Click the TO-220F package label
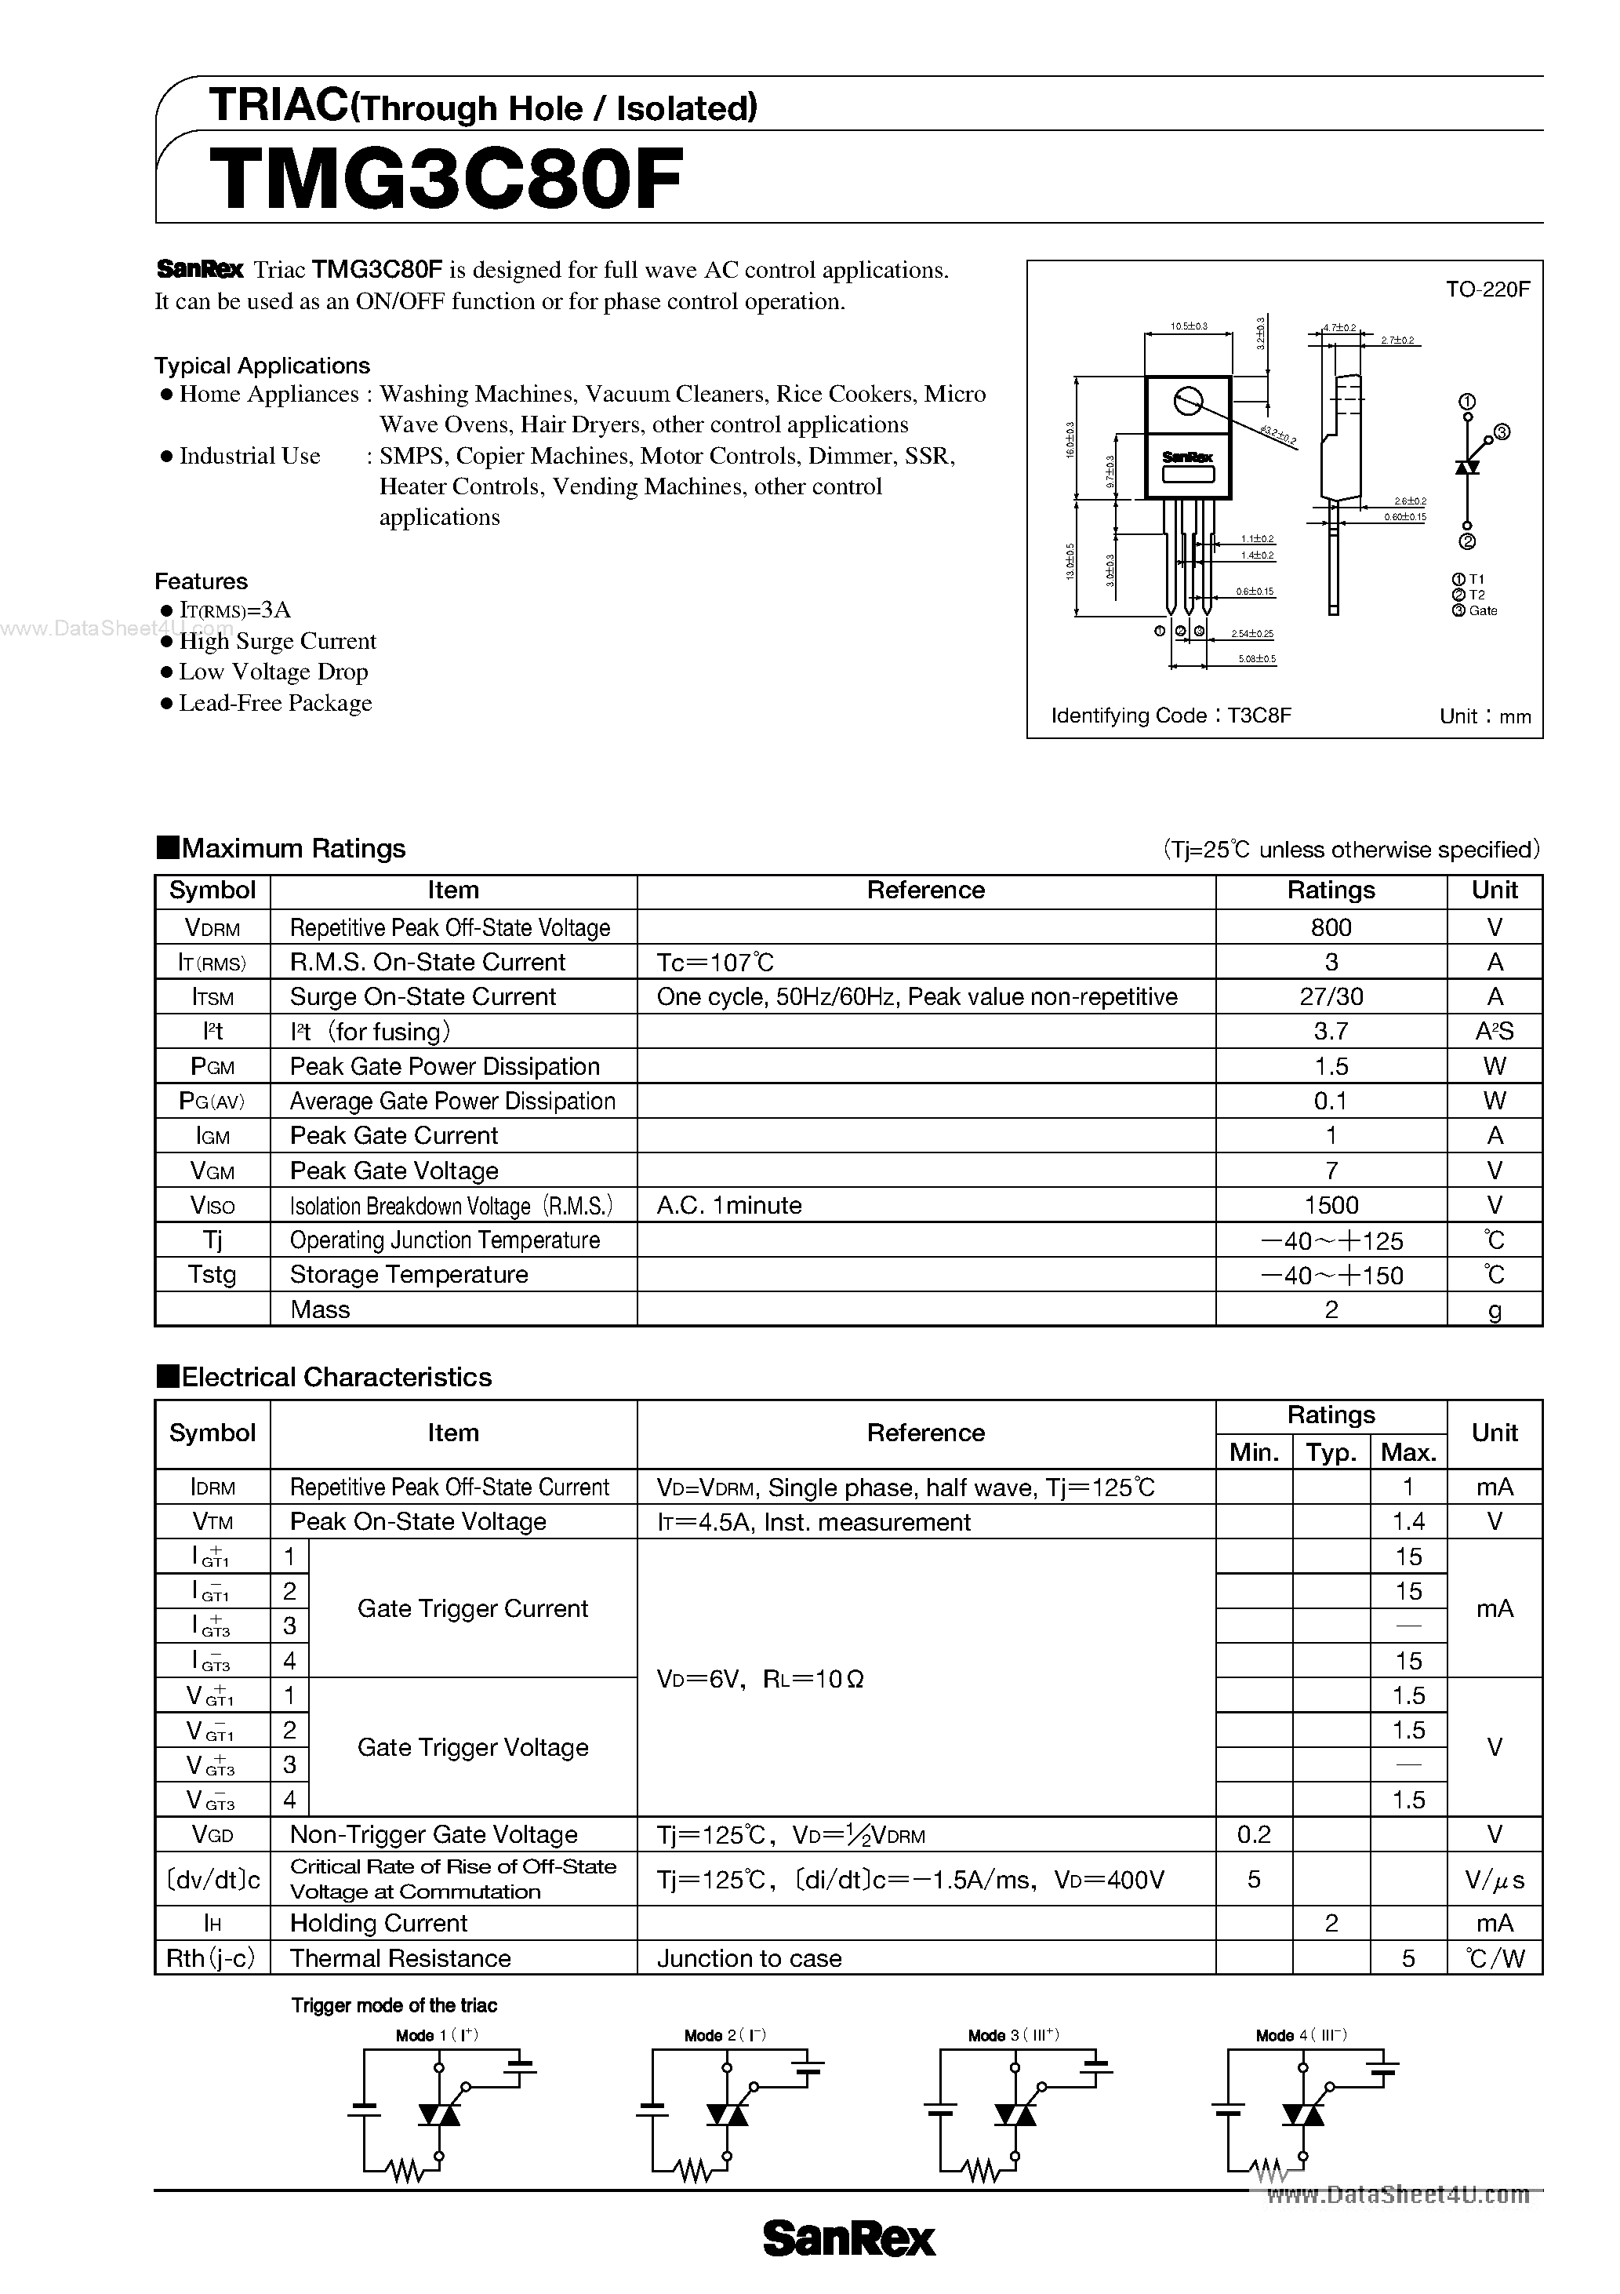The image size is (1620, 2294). [x=1487, y=289]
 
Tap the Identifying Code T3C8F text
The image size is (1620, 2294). [x=1171, y=716]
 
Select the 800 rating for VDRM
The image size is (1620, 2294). [x=1331, y=927]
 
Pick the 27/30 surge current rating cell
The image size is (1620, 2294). [x=1331, y=996]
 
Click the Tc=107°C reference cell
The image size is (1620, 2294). [x=715, y=962]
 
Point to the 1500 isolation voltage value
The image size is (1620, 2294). [x=1331, y=1205]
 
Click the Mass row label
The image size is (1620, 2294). [x=320, y=1309]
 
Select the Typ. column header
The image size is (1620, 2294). [x=1331, y=1451]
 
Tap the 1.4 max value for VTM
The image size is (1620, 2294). [x=1408, y=1522]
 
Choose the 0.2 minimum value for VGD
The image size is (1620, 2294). [x=1254, y=1834]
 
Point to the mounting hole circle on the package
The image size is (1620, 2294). [x=1187, y=402]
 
